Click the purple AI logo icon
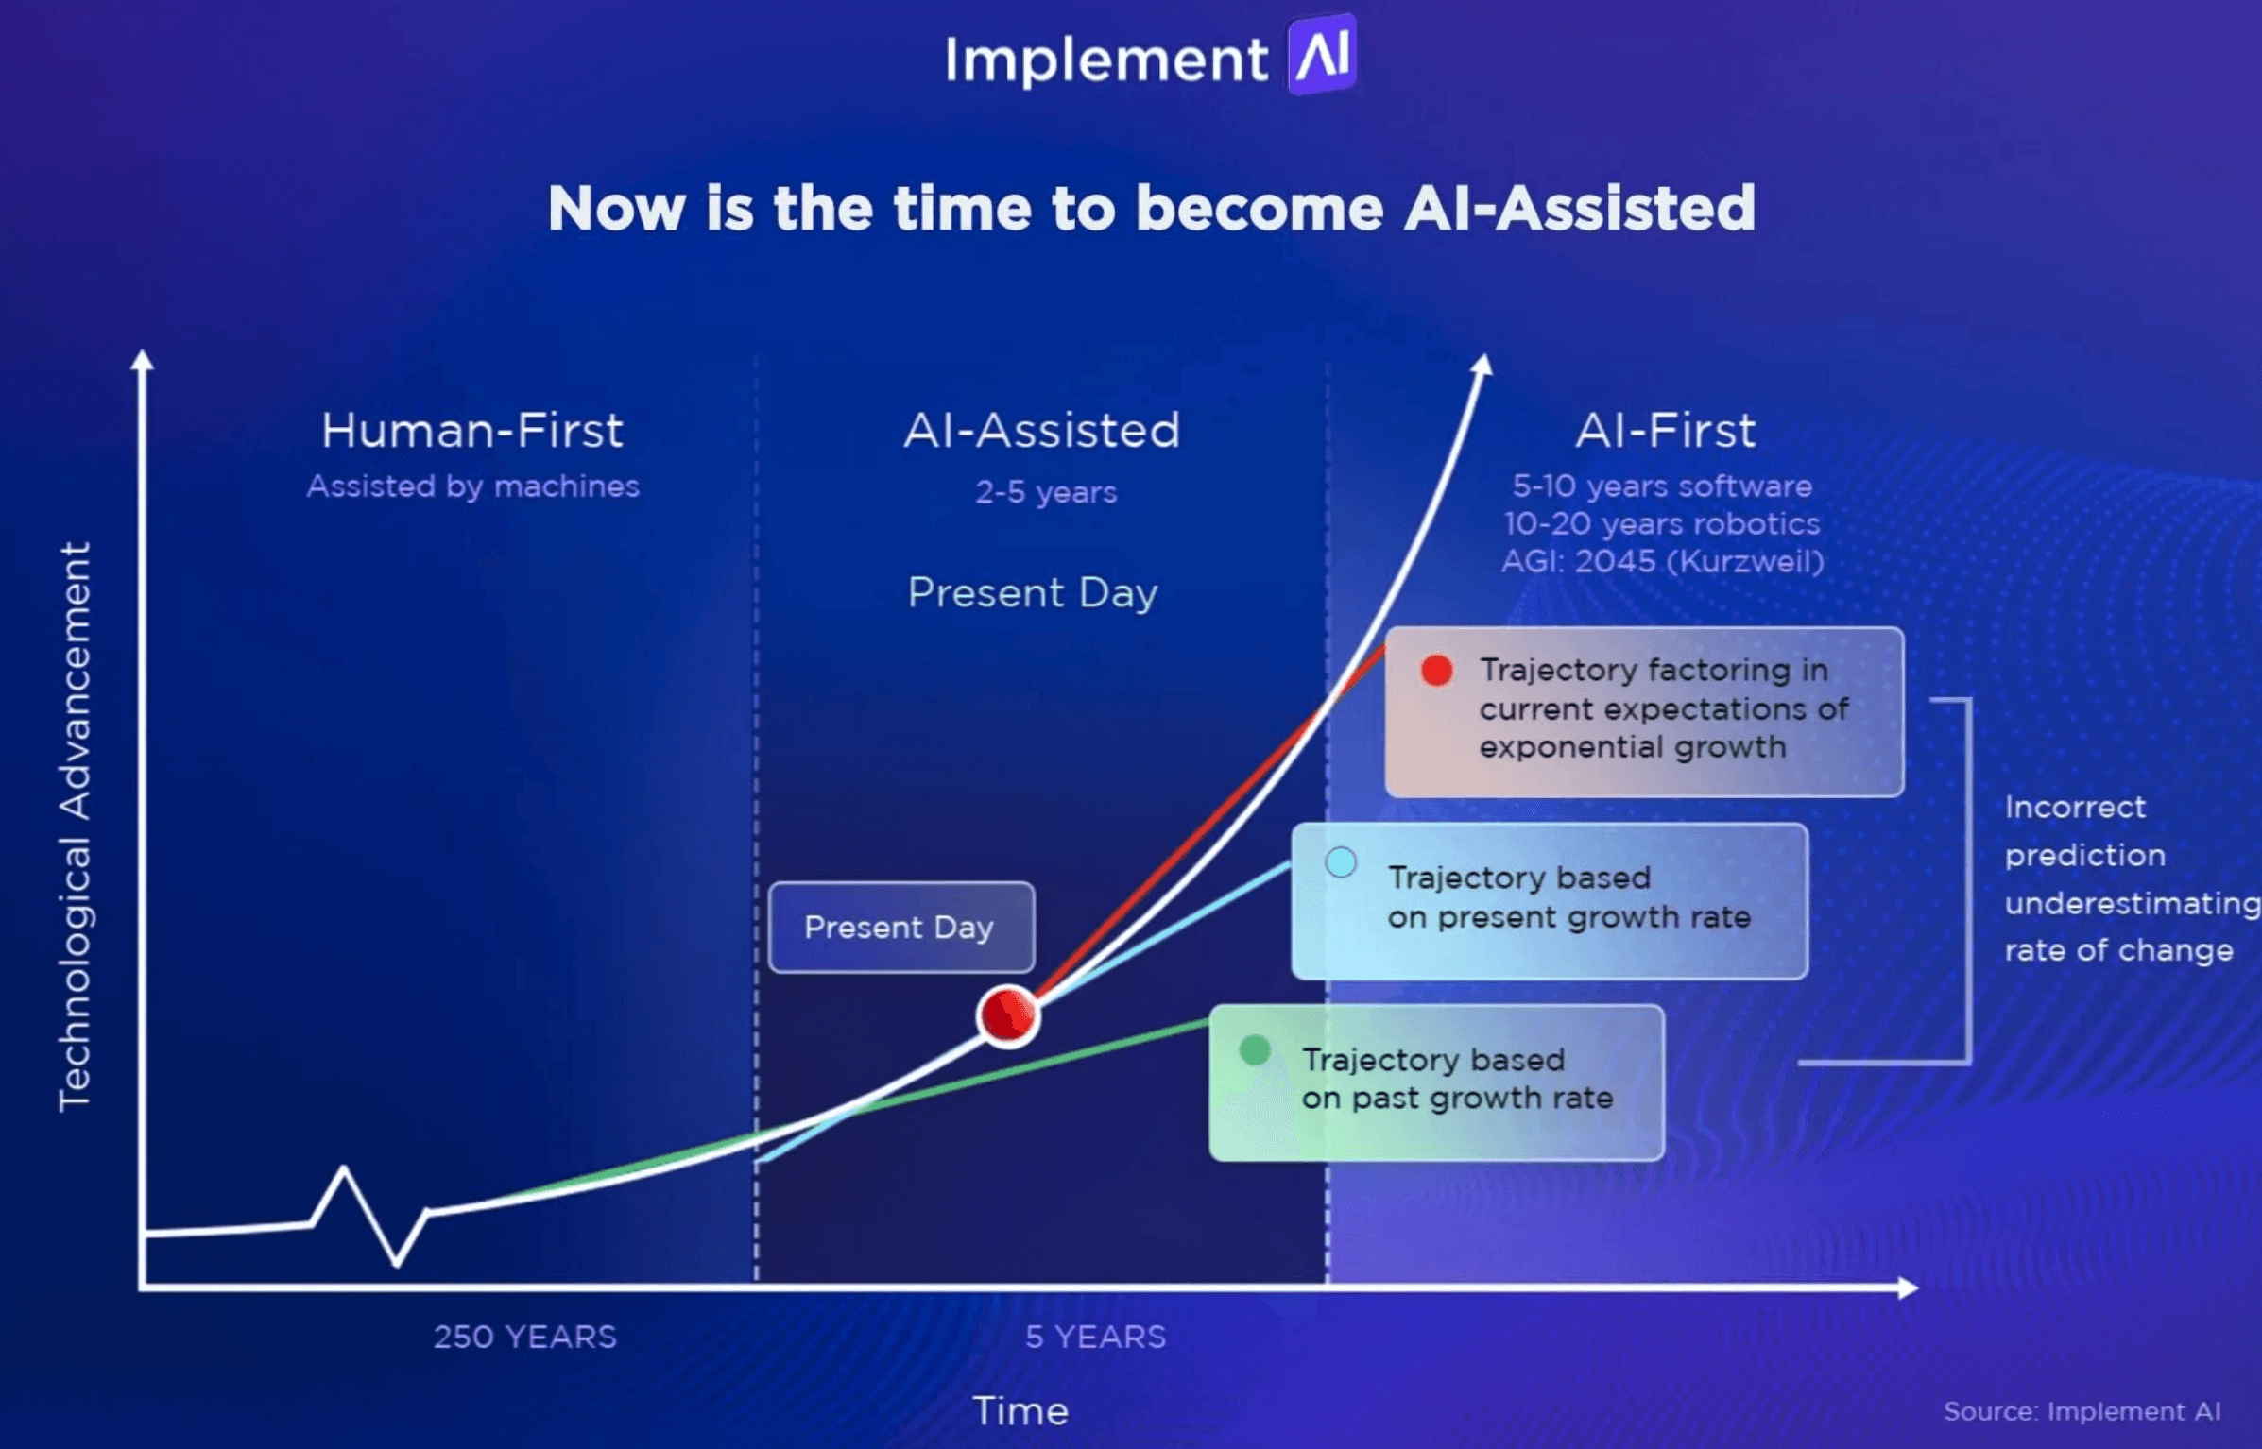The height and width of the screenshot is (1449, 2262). point(1322,55)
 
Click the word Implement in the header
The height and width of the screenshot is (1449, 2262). point(1105,60)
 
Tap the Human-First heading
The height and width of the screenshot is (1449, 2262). point(472,431)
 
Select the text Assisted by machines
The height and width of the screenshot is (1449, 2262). point(472,486)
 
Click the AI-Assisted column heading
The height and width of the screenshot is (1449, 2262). point(1042,431)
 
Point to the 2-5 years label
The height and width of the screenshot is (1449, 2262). point(1046,492)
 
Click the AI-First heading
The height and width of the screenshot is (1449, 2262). point(1665,431)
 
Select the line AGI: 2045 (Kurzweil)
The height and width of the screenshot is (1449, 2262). point(1662,561)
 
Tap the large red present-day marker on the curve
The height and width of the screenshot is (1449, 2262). point(1008,1015)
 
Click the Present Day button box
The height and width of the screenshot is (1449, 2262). point(900,928)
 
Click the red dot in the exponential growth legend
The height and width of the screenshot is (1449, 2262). point(1436,671)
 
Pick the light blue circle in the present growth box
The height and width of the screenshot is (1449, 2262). point(1341,862)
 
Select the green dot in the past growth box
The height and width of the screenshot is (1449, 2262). point(1255,1049)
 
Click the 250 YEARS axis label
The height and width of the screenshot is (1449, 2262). point(524,1337)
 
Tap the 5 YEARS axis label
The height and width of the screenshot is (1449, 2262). point(1096,1337)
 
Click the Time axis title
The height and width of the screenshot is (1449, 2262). point(1020,1411)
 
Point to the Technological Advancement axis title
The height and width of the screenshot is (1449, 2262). point(76,827)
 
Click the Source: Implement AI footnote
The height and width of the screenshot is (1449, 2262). point(2082,1411)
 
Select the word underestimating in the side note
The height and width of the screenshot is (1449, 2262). point(2131,903)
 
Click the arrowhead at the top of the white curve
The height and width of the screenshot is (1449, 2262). point(1482,366)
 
